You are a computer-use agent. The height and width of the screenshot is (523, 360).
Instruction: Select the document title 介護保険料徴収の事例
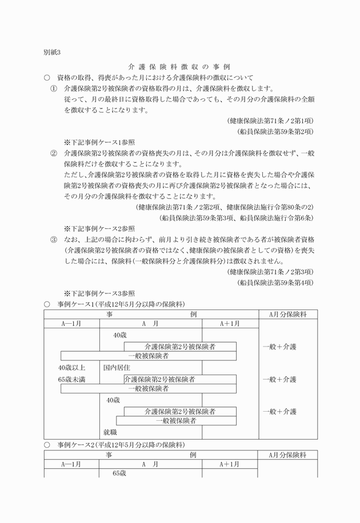(179, 67)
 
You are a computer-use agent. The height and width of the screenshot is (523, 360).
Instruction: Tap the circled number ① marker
(54, 88)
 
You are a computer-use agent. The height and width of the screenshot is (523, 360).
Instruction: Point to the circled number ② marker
(54, 153)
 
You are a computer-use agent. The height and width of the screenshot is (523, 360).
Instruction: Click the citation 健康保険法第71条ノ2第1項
(270, 120)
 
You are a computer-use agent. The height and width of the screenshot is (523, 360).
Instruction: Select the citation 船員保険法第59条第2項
(275, 131)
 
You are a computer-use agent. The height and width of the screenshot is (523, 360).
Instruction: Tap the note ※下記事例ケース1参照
(99, 142)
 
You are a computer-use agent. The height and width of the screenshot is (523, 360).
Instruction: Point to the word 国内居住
(117, 368)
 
